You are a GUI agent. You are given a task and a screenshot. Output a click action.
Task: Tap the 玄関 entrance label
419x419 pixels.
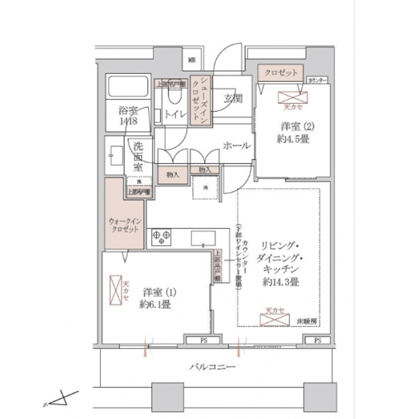233,98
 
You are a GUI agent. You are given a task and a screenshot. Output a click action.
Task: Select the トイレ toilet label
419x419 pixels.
176,114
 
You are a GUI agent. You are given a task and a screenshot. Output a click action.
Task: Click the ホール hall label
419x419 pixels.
236,146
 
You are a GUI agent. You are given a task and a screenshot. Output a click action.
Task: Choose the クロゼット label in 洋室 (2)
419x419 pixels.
280,73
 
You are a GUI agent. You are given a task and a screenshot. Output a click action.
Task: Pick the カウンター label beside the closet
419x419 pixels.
317,80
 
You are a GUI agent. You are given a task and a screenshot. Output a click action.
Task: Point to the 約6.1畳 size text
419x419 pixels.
155,304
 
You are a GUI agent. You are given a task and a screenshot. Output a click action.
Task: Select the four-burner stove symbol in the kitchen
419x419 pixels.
160,236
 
